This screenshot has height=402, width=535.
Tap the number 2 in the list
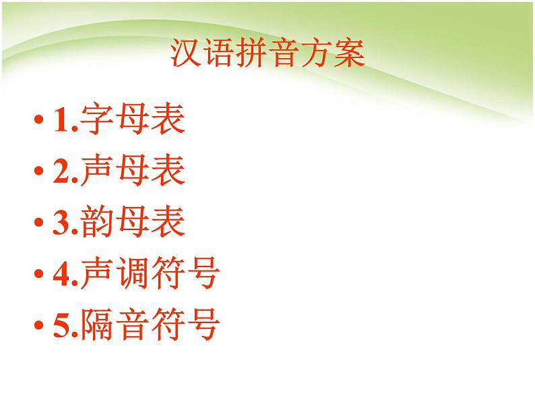click(x=61, y=173)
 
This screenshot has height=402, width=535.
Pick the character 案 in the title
click(x=348, y=53)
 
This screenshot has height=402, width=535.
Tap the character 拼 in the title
click(x=251, y=53)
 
